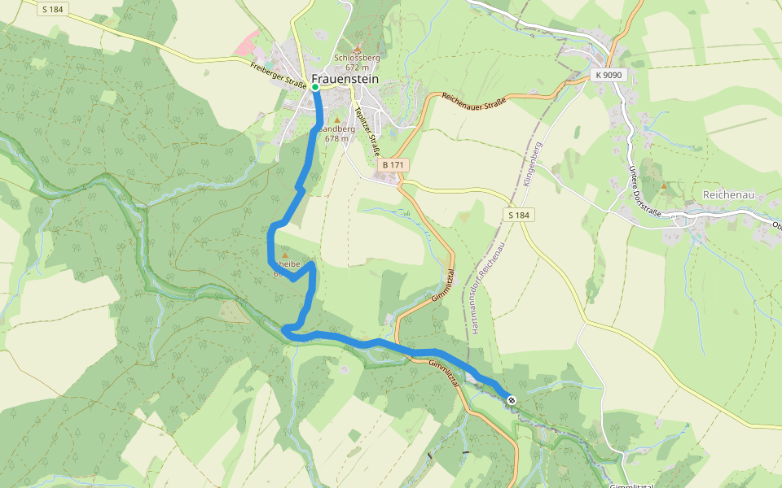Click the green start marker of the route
[x=315, y=86]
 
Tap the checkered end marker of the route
[x=511, y=399]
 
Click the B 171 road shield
[x=393, y=165]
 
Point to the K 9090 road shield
[x=608, y=75]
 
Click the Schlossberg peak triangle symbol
[x=357, y=50]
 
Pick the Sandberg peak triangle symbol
[x=336, y=120]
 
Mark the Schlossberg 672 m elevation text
[x=357, y=63]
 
